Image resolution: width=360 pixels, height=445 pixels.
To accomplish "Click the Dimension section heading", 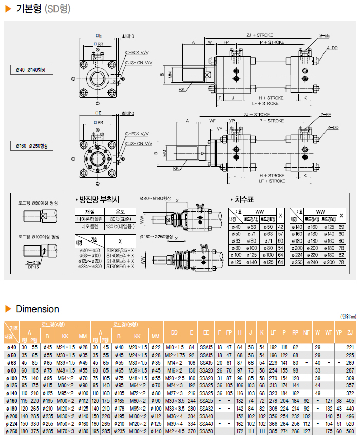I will tap(37, 309).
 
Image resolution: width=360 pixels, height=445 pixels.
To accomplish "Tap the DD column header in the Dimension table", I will tap(174, 333).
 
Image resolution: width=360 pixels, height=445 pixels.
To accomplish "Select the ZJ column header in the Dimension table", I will tap(350, 333).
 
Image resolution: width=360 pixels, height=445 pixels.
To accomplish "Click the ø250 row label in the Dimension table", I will tap(10, 431).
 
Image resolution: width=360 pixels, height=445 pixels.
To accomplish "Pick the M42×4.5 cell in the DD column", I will tap(174, 431).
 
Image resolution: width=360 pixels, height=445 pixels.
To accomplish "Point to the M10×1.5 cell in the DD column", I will tap(174, 348).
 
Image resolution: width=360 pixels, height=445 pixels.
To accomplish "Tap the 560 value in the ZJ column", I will tap(350, 431).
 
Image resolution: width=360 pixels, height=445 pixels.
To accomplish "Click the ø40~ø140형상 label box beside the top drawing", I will tap(31, 70).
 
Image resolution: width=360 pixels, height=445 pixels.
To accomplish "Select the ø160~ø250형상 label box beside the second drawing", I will tap(31, 146).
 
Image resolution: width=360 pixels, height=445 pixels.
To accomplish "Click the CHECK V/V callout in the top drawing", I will tap(137, 53).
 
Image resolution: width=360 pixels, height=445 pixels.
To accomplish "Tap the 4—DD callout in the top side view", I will tap(332, 48).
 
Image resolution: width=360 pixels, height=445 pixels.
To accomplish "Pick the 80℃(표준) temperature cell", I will tap(120, 218).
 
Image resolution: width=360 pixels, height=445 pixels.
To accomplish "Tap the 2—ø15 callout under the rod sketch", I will tap(33, 262).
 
